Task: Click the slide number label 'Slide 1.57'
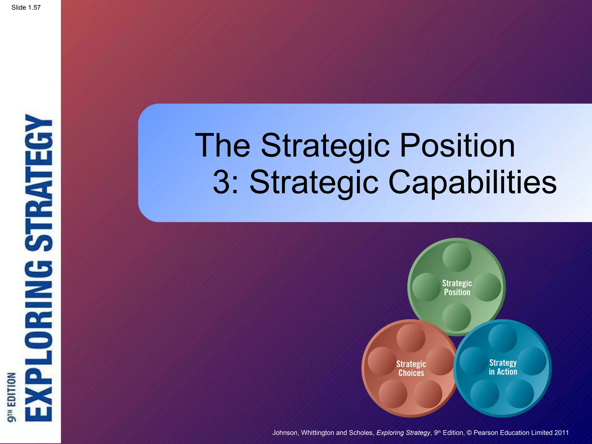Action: click(26, 8)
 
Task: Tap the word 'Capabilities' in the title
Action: click(473, 182)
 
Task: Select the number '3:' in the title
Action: click(225, 182)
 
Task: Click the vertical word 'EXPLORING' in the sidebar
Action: click(39, 341)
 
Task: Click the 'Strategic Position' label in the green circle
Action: click(457, 288)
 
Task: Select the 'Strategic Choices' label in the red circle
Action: click(411, 368)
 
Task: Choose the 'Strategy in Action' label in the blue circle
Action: click(503, 367)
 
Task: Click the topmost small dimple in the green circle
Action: click(457, 257)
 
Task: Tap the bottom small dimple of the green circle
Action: click(457, 317)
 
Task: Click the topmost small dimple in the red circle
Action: click(411, 338)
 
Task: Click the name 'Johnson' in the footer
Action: click(285, 433)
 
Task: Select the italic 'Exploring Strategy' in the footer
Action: click(403, 433)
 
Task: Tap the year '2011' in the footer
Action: click(561, 433)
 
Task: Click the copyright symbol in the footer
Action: click(469, 433)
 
